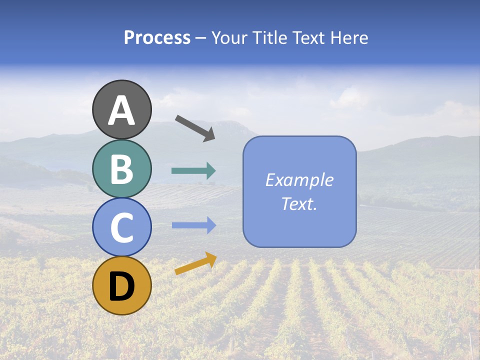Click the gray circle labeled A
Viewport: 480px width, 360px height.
click(121, 109)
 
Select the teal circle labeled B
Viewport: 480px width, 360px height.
click(121, 168)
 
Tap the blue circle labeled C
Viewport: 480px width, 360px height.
click(121, 227)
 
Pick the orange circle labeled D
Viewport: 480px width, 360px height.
click(121, 285)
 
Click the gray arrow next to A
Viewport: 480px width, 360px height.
click(195, 128)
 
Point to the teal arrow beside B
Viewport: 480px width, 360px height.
click(193, 171)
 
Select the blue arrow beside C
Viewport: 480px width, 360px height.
click(193, 225)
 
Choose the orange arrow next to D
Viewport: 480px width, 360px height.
click(195, 263)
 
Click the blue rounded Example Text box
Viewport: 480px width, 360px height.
click(299, 191)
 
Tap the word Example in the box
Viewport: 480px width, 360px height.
click(299, 180)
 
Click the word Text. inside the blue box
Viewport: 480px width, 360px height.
click(299, 204)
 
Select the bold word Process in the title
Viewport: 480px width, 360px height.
click(157, 38)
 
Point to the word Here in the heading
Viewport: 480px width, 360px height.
click(350, 38)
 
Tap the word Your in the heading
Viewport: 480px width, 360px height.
click(229, 38)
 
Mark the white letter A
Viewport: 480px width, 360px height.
click(121, 110)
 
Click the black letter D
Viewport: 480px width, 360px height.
click(121, 286)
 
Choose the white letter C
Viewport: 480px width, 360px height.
click(121, 228)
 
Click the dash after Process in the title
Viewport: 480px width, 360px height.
click(201, 39)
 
